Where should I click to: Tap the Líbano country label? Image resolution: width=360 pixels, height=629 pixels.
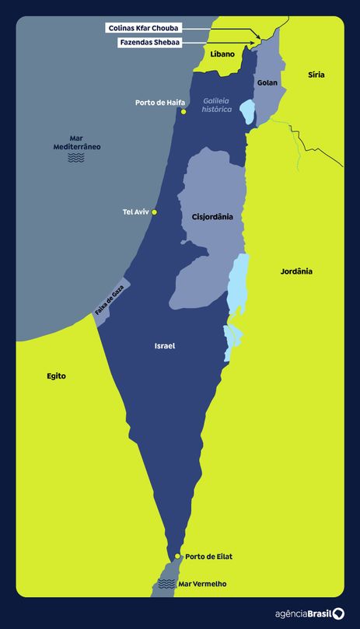point(222,54)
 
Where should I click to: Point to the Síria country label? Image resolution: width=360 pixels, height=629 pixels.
point(316,75)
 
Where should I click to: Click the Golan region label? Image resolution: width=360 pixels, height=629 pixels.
point(267,82)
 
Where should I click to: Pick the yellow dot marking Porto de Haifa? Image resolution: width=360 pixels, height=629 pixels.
point(183,112)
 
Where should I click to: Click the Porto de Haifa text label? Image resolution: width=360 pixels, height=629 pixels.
point(159,102)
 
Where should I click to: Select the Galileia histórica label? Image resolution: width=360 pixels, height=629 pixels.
point(217,105)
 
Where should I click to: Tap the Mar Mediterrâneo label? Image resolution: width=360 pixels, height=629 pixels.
point(76,142)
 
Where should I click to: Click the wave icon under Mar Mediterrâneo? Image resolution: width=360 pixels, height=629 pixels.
point(76,158)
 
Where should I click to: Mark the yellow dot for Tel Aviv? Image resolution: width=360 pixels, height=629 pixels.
point(155,211)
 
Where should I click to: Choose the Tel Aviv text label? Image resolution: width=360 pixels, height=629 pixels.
point(135,211)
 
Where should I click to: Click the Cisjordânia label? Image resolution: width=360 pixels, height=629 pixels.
point(212,217)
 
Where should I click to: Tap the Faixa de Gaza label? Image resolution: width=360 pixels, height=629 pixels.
point(110,299)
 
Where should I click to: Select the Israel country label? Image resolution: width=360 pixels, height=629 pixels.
point(164,345)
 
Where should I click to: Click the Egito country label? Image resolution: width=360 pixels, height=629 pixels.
point(56,376)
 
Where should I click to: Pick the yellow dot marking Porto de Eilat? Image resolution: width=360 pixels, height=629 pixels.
point(178,557)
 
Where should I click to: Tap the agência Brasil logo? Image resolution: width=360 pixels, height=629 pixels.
point(309,613)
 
